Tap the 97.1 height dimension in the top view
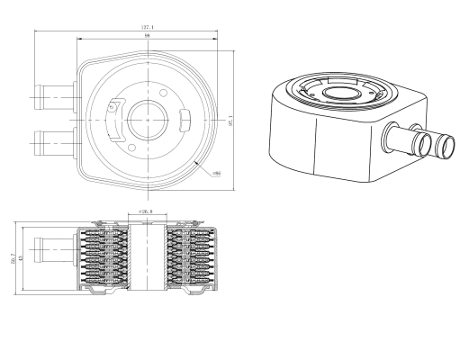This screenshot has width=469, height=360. (230, 119)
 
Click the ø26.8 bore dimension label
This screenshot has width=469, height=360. (147, 213)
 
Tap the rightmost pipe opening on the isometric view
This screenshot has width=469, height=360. (446, 144)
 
